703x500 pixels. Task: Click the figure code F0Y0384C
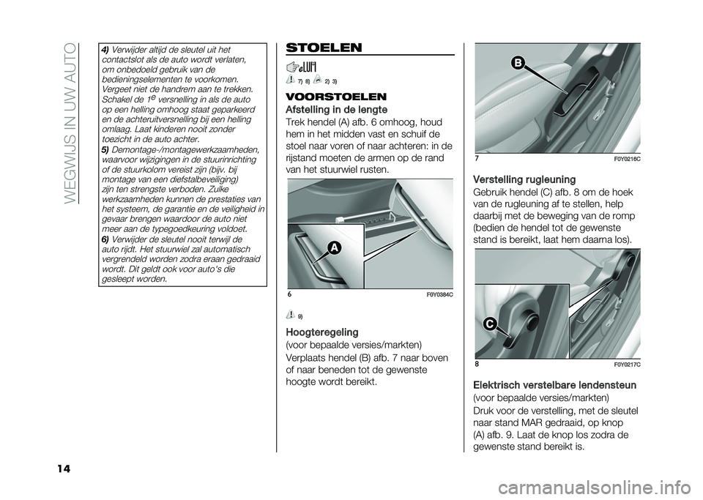click(436, 294)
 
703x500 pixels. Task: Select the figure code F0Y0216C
click(624, 159)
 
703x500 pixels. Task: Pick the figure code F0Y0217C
click(624, 363)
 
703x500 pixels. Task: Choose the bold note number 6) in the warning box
click(105, 238)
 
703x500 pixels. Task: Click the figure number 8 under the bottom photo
click(476, 363)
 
